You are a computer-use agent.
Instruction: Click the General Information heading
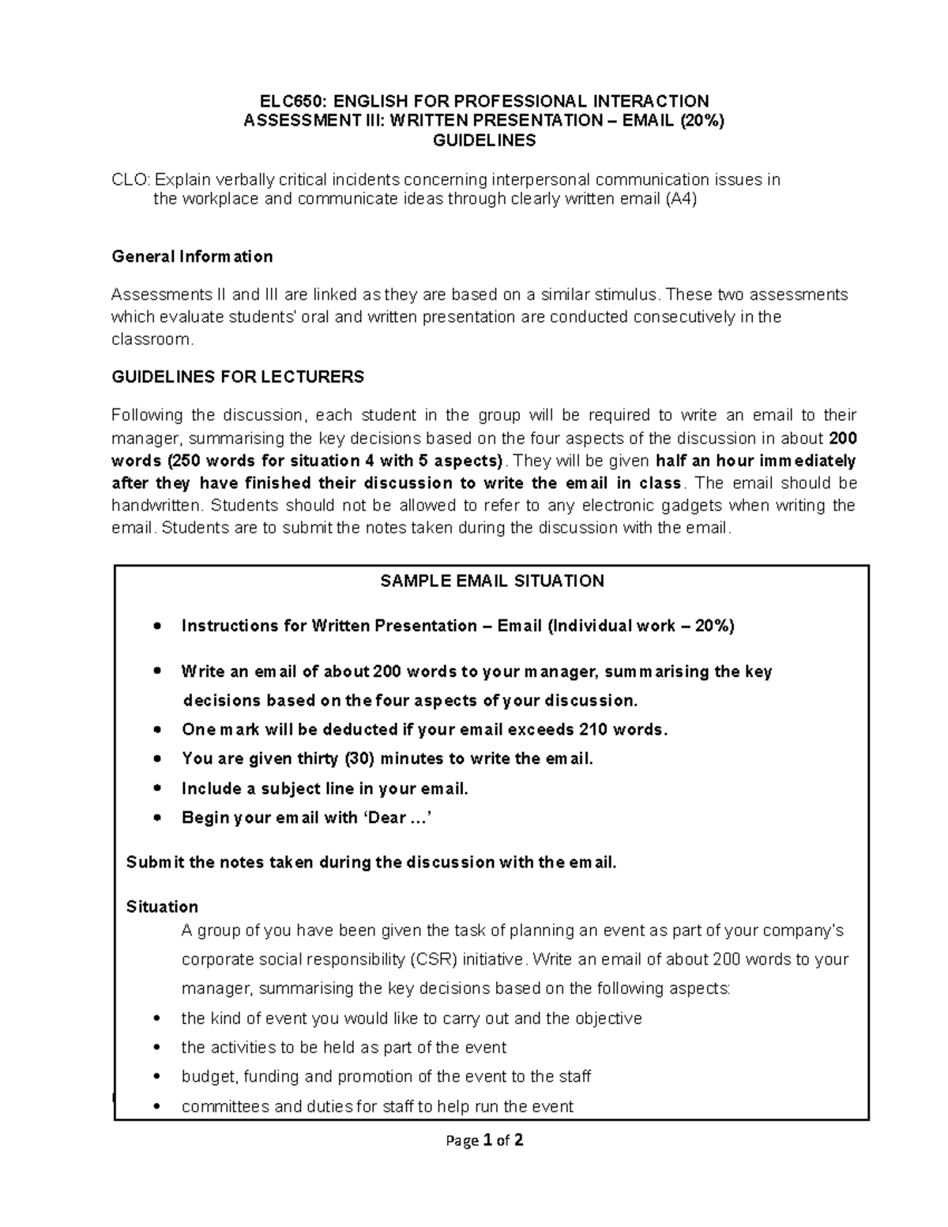pyautogui.click(x=192, y=257)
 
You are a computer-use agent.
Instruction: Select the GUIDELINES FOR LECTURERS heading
pyautogui.click(x=238, y=377)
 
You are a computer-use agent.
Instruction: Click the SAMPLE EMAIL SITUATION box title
pyautogui.click(x=491, y=582)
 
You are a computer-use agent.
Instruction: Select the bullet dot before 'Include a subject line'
pyautogui.click(x=159, y=789)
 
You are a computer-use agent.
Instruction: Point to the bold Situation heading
pyautogui.click(x=162, y=906)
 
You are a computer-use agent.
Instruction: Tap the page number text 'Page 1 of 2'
pyautogui.click(x=484, y=1140)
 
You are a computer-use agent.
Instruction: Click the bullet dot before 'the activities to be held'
pyautogui.click(x=159, y=1048)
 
